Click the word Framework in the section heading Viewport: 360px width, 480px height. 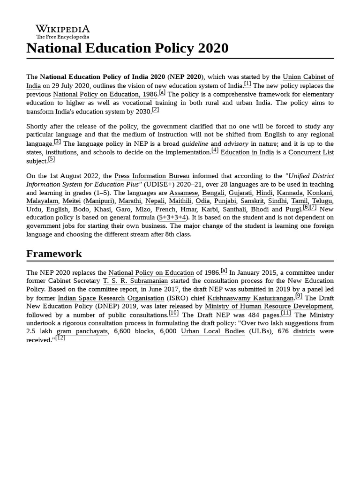coord(54,254)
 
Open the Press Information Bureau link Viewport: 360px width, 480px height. coord(152,176)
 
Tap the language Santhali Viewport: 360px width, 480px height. coord(233,210)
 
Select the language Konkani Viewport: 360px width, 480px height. coord(320,193)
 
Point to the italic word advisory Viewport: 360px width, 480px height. coord(236,144)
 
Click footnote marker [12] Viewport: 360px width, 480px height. coord(60,338)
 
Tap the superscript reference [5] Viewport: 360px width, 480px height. coord(52,159)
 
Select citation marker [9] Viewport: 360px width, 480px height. coord(299,296)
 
